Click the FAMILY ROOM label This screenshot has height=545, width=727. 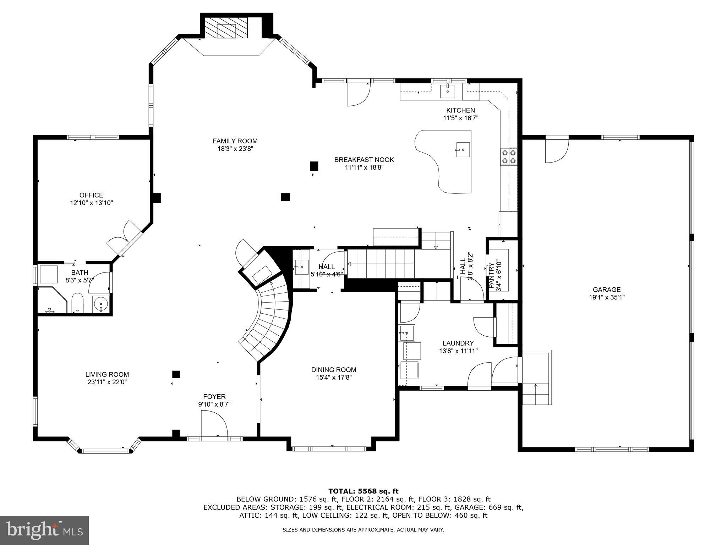click(x=235, y=141)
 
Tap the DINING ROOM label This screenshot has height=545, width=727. click(x=333, y=370)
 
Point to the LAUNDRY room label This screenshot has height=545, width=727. click(x=458, y=343)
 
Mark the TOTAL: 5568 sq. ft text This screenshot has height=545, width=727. click(x=363, y=491)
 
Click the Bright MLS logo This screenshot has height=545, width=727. click(x=44, y=530)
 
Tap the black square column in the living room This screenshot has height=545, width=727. click(x=176, y=374)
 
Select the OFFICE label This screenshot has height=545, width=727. click(x=91, y=195)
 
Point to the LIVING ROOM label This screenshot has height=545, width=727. click(x=107, y=374)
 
